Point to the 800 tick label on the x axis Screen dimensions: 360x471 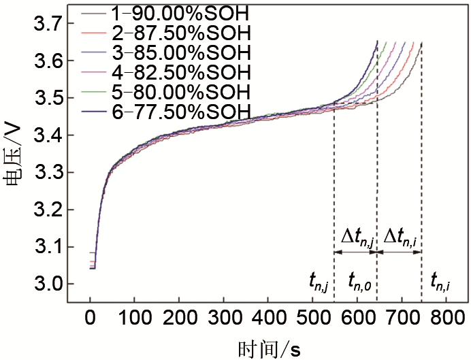446,316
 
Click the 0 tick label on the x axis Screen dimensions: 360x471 90,316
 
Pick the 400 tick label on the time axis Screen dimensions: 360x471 268,316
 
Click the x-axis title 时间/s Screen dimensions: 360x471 268,348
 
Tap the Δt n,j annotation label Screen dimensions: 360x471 357,238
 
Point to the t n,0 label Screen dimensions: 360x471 359,280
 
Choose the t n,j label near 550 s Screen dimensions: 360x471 318,280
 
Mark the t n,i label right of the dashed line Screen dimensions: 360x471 442,280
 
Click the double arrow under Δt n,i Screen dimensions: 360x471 400,252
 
